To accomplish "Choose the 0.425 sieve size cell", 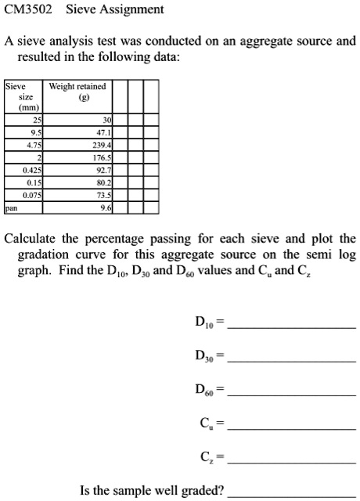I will [x=32, y=171].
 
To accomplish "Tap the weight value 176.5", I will [x=103, y=158].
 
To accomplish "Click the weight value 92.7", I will [x=104, y=171].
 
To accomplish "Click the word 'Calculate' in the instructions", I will [x=30, y=239].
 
